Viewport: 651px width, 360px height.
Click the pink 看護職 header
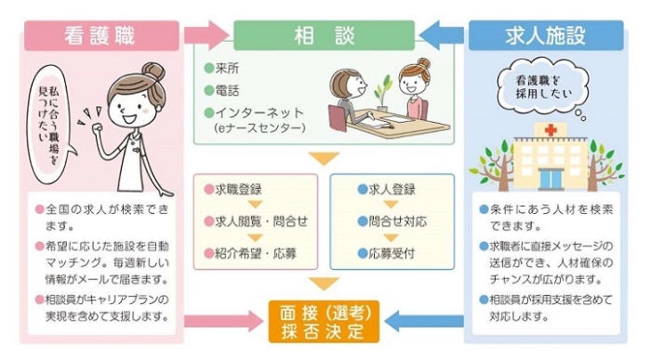[100, 34]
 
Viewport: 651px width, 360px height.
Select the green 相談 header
[323, 34]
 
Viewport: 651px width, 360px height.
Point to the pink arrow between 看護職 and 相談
[206, 34]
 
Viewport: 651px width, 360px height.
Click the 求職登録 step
[232, 188]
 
